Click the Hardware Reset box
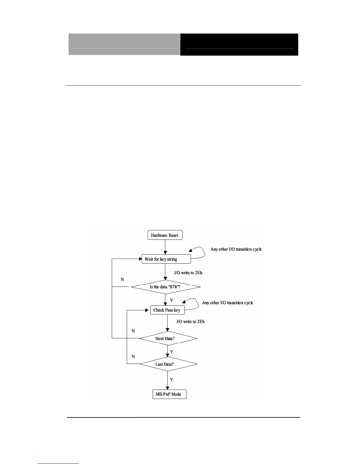point(165,235)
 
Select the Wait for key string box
point(166,259)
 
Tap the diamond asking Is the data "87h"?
point(166,287)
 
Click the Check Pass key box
point(167,310)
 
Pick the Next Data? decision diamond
point(168,338)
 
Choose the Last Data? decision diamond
point(168,364)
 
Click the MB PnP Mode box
point(169,394)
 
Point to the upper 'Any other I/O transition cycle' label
point(236,249)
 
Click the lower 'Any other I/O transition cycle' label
point(227,303)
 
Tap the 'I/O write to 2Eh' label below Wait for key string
point(188,273)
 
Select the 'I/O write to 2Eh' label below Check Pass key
point(190,322)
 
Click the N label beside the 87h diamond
point(122,279)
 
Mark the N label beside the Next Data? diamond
point(133,331)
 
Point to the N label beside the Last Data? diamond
point(133,357)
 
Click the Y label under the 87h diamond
point(171,300)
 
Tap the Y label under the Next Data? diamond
point(171,352)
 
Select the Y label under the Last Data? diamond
point(171,380)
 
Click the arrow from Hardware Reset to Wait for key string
point(165,247)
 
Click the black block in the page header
point(239,44)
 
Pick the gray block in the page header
point(124,44)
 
